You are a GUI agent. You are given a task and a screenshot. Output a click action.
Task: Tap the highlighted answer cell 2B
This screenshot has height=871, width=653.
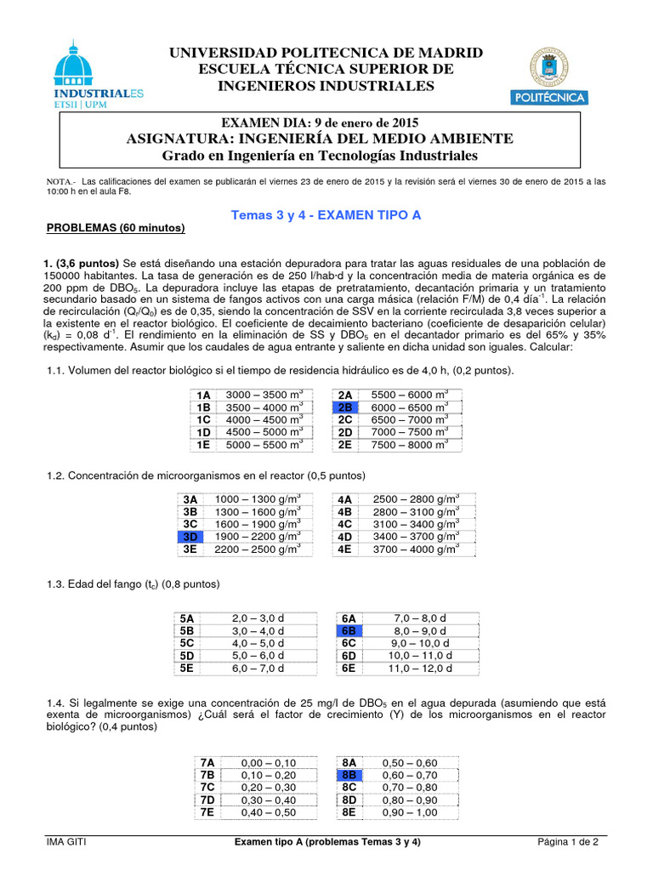[345, 407]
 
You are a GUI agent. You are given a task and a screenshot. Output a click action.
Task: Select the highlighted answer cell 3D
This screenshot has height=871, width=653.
[190, 537]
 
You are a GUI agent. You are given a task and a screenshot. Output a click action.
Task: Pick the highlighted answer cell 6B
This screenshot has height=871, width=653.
[349, 631]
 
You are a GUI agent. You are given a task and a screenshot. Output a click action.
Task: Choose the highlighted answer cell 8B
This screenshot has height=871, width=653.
[349, 775]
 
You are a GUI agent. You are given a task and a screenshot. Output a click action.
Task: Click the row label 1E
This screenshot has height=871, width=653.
[203, 445]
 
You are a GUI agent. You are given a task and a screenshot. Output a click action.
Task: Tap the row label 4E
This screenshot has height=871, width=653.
[345, 549]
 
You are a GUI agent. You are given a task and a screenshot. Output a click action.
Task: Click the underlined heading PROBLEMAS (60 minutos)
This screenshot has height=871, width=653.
[115, 229]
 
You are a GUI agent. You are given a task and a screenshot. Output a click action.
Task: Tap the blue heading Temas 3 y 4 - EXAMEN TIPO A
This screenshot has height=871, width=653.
[326, 215]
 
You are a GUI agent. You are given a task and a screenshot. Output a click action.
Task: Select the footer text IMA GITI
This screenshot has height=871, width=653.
[66, 842]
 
